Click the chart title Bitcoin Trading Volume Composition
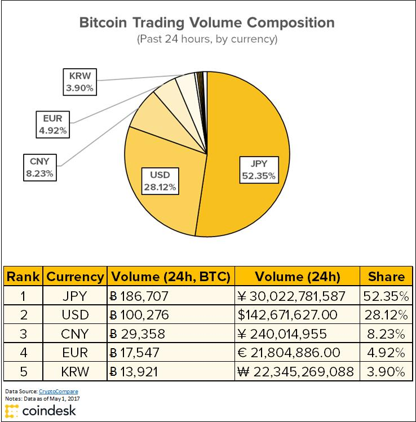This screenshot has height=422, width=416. point(207,23)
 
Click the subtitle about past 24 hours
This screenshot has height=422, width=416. point(207,40)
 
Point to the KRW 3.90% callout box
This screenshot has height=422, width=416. point(79,81)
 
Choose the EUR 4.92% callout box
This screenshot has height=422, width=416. point(52,125)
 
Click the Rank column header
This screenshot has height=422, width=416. point(24,277)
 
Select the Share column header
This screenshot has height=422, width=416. point(386,277)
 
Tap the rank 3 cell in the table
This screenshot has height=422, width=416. point(24,334)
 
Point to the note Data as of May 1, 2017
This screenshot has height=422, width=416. point(45,398)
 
